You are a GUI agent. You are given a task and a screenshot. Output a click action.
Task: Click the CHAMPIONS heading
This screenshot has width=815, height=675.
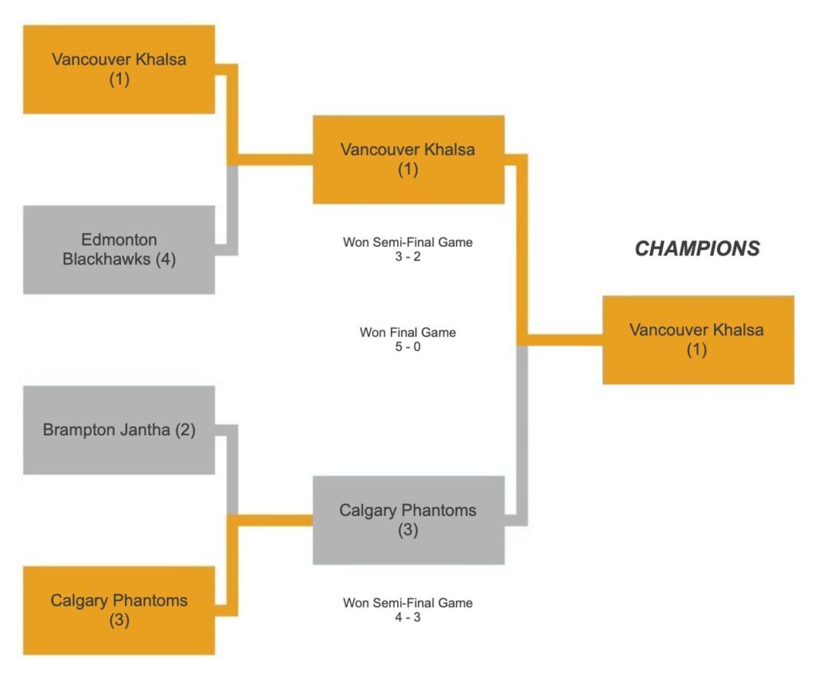(696, 249)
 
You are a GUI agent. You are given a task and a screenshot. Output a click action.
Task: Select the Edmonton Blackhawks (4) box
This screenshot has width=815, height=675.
(119, 249)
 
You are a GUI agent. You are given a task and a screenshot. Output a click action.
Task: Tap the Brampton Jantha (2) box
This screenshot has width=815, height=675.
(119, 430)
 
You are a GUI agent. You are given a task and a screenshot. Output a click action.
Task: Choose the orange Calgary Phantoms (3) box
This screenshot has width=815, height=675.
(119, 610)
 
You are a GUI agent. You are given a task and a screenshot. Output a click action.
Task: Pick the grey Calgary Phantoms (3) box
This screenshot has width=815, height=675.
(407, 520)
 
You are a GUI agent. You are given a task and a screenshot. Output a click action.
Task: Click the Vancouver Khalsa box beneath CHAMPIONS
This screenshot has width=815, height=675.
(697, 340)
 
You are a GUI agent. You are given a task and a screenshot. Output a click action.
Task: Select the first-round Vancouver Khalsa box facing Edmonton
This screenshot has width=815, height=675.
(119, 69)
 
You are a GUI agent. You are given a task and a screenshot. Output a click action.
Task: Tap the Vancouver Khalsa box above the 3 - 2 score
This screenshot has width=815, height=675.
(407, 159)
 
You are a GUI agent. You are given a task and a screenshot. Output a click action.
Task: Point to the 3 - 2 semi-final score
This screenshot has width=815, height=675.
(407, 256)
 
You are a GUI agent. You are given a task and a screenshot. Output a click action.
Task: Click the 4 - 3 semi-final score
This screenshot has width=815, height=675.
(407, 617)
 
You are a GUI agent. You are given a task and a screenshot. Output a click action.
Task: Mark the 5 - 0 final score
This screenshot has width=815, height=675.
(407, 347)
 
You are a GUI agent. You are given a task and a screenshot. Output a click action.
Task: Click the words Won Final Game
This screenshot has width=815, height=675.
(407, 333)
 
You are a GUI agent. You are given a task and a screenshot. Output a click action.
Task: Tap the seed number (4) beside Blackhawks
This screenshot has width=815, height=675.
(166, 259)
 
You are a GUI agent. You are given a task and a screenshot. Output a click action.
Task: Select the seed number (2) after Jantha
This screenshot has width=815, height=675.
(185, 430)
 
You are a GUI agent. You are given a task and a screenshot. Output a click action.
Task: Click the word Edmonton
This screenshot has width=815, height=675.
(119, 240)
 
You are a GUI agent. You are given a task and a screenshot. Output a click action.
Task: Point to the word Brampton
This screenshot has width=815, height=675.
(74, 430)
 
